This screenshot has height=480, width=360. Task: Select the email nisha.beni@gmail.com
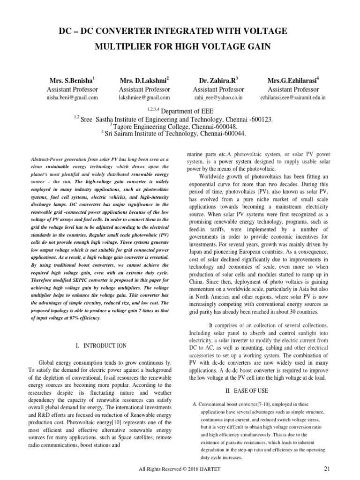click(72, 97)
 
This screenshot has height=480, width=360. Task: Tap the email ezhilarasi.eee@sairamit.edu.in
click(293, 97)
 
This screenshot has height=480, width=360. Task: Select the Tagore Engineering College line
click(173, 127)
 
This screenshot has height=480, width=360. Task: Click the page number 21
click(328, 469)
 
